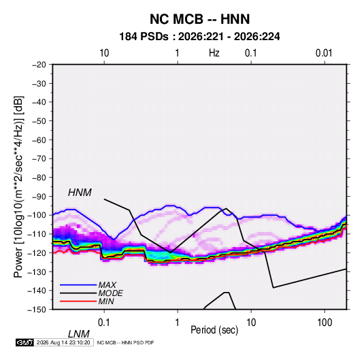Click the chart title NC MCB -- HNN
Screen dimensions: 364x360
coord(199,19)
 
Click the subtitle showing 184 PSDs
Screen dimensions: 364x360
coord(199,37)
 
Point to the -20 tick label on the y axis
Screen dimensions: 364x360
coord(39,65)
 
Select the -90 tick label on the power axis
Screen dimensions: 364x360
coord(39,196)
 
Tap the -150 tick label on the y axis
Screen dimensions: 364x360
coord(37,310)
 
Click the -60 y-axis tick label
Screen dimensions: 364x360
coord(39,140)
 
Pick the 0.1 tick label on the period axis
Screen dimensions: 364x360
coord(104,323)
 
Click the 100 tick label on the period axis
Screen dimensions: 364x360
coord(325,323)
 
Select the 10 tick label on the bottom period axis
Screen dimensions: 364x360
coord(251,323)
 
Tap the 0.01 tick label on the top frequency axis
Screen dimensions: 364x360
coord(324,53)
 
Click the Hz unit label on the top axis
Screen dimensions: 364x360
coord(214,53)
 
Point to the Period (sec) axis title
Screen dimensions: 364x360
coord(214,330)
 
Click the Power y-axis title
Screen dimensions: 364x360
coord(18,187)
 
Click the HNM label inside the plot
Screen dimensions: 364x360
coord(80,193)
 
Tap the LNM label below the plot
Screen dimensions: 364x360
coord(78,334)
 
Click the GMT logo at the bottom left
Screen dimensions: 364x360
coord(24,342)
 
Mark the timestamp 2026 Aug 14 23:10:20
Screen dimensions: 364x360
coord(63,342)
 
